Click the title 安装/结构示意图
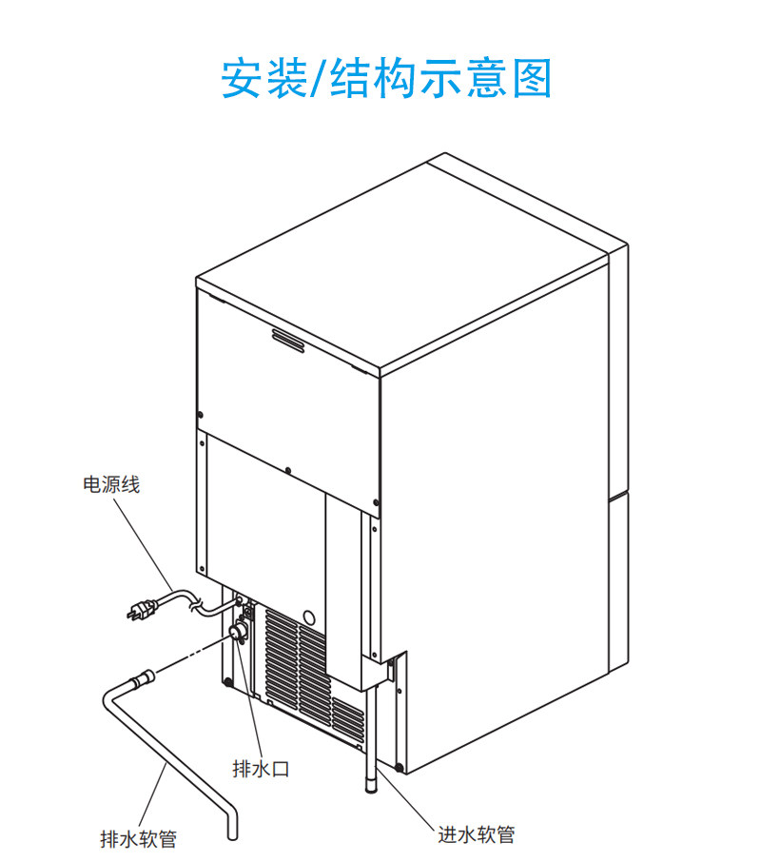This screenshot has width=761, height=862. (386, 78)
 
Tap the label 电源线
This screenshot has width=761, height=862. (112, 485)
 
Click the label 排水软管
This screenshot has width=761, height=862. (138, 838)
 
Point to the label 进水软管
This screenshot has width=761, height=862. (477, 834)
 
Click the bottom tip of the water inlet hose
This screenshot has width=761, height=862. (369, 786)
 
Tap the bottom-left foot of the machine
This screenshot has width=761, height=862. (227, 681)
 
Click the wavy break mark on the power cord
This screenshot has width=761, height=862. (196, 602)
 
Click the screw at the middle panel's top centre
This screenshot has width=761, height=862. (287, 468)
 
